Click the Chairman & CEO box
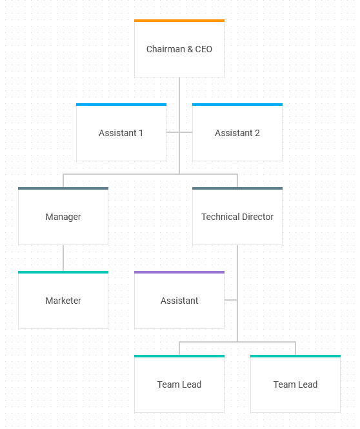pos(179,48)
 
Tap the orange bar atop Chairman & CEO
pos(179,21)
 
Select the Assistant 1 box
pos(121,132)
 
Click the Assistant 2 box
pos(237,132)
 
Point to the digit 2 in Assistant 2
pos(257,133)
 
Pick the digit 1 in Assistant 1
pos(141,133)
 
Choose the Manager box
pos(63,216)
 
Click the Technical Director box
pos(237,216)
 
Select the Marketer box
pos(63,300)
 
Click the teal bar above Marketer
pos(63,272)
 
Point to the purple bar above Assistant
pos(179,272)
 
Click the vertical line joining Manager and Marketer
pos(63,258)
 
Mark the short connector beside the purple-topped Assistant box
pos(230,300)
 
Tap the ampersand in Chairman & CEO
pos(190,49)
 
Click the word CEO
pos(203,49)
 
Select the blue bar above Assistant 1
pos(121,105)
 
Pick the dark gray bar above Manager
pos(63,188)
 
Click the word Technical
pos(221,217)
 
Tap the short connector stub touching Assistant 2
pos(186,132)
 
